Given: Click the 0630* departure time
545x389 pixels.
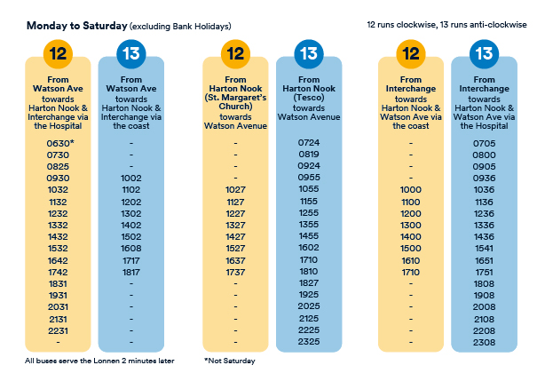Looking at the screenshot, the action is coord(60,143).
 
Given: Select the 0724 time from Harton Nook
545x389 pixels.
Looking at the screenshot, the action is coord(309,142).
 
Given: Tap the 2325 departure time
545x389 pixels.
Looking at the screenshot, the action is coord(309,341).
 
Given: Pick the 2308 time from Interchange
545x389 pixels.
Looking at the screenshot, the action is coord(484,343).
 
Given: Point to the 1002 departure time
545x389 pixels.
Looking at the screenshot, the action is coord(131,179).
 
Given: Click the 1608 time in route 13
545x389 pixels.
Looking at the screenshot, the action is coord(131,248).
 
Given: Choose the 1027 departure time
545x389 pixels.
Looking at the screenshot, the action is coord(235,190).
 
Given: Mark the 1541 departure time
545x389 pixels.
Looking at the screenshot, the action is coord(484,248).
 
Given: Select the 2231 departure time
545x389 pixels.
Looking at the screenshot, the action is coord(58,331).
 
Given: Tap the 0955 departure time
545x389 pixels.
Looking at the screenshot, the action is coord(309,178).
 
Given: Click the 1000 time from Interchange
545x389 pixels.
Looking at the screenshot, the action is coord(410,190).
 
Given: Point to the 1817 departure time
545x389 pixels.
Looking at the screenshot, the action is coord(131,272).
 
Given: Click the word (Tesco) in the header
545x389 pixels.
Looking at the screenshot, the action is coord(309,98).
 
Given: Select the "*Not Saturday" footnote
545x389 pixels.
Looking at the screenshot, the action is coord(230,361).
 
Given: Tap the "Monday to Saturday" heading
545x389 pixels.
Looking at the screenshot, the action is coord(77,26).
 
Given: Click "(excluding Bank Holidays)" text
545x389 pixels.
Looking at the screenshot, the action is coord(180,27).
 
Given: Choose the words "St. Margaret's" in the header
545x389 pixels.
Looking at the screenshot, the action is coord(237,98).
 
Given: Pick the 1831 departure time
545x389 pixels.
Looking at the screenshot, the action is coord(58,283).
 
